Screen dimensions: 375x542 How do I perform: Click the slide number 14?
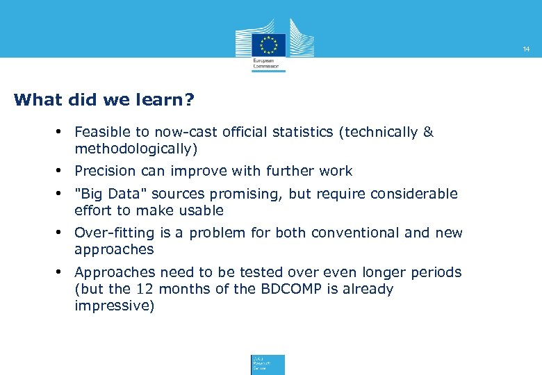point(526,49)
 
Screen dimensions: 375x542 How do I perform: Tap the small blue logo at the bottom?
point(268,365)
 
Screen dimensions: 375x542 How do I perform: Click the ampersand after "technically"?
point(427,132)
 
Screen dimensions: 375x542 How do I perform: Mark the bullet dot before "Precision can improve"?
point(61,171)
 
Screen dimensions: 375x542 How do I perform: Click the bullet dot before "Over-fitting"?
point(61,233)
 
